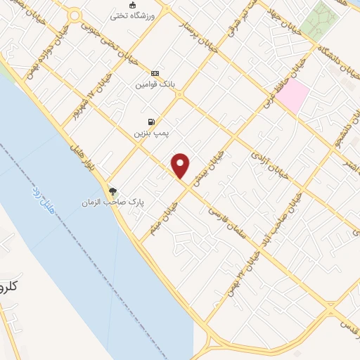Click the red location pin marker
pyautogui.click(x=181, y=166)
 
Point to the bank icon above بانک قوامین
pyautogui.click(x=154, y=73)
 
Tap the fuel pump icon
pyautogui.click(x=152, y=122)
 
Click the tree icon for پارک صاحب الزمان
pyautogui.click(x=112, y=191)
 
